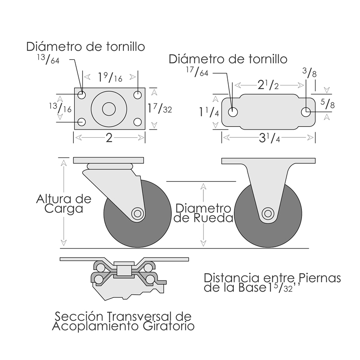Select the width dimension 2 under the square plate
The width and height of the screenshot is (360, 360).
108,138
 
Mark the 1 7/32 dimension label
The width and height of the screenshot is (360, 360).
159,108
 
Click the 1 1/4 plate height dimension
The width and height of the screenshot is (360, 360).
209,112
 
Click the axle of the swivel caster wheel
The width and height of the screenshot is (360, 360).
137,213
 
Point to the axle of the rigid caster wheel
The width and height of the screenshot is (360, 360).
268,213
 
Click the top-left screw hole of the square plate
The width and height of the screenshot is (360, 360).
82,95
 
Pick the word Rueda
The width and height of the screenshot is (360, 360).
217,219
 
